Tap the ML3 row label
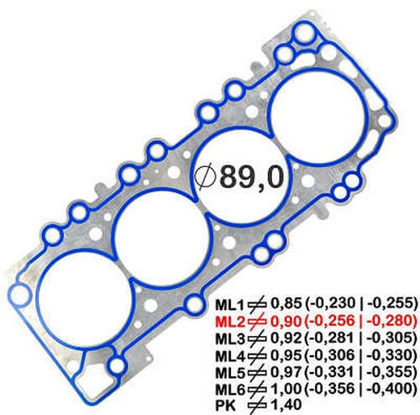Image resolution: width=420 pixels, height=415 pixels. [228, 339]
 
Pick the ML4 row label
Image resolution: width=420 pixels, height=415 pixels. [228, 355]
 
